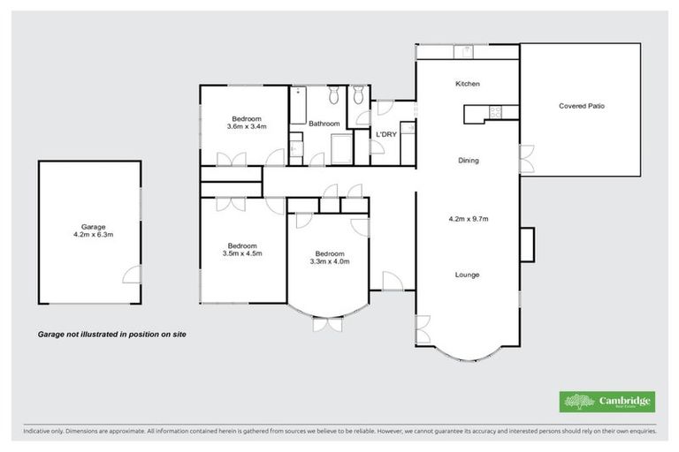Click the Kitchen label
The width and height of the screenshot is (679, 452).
tap(467, 84)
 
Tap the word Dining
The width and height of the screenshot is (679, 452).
tap(468, 161)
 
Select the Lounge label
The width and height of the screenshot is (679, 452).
tap(467, 275)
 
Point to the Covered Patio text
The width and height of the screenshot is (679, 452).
tap(581, 106)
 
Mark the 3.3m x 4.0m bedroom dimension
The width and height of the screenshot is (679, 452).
tap(329, 260)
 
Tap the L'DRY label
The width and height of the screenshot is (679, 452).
tap(385, 134)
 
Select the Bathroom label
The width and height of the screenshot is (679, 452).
tap(324, 124)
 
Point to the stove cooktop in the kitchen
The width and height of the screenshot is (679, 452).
tap(495, 112)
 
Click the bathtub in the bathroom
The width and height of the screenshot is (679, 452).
tap(298, 106)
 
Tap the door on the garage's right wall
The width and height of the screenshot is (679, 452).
tap(133, 275)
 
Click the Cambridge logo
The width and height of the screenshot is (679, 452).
tap(607, 402)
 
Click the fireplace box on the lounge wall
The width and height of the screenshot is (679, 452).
tap(527, 245)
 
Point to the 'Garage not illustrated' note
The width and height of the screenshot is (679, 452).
tap(111, 335)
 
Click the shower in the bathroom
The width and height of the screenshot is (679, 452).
tap(340, 149)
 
